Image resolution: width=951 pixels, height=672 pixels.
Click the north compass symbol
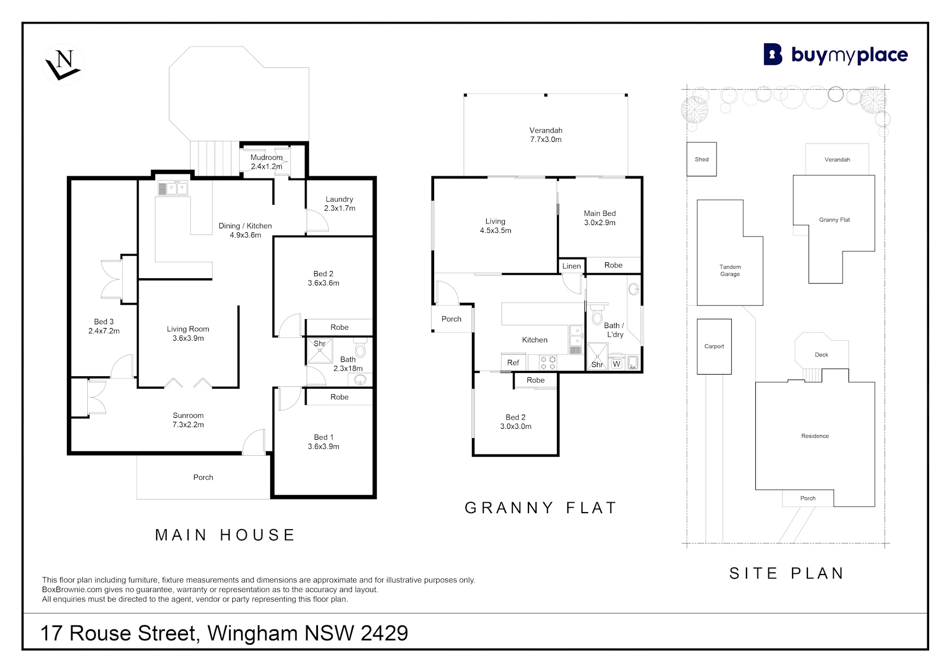64,65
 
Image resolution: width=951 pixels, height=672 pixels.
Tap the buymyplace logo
835,55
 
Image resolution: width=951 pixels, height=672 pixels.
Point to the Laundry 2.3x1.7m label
339,204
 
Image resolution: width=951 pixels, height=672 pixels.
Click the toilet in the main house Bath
360,348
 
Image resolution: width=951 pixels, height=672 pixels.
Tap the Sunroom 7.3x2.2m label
188,420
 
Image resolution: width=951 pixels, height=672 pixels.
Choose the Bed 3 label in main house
104,326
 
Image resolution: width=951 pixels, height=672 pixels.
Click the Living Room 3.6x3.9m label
188,334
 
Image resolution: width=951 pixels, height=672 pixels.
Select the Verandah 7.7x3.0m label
545,135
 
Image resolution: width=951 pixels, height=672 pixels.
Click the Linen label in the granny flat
571,266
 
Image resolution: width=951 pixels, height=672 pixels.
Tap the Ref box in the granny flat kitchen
514,362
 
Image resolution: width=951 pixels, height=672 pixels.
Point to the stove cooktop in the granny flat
548,363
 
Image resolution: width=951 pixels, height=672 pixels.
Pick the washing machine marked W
617,363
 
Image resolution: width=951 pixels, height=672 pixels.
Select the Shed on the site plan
702,159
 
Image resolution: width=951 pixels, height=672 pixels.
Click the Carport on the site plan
714,347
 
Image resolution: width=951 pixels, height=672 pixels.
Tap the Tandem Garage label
730,271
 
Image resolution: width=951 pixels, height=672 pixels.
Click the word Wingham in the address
253,634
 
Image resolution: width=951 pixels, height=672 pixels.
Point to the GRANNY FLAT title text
540,508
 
